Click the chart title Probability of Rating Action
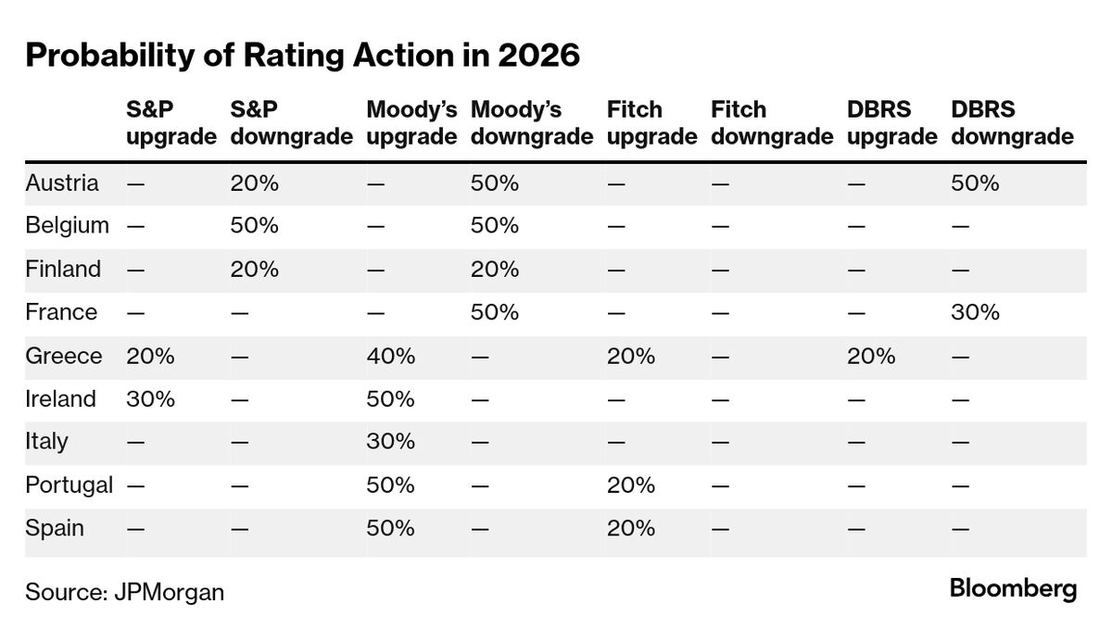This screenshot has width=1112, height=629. (x=302, y=56)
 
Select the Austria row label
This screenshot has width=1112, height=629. (x=62, y=182)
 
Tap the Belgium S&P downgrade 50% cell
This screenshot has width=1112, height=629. (x=254, y=226)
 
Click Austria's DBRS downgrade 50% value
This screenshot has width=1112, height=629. (x=975, y=182)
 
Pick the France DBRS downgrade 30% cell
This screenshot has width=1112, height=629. (x=975, y=312)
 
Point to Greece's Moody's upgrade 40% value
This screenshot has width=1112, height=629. (x=390, y=356)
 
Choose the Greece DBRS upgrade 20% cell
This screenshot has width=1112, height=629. (x=871, y=356)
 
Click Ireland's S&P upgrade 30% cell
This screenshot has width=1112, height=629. (x=150, y=398)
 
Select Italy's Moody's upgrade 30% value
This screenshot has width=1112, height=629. (x=390, y=442)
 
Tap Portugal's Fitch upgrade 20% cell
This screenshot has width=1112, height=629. (x=631, y=485)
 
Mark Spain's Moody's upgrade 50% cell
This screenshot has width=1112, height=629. (x=390, y=528)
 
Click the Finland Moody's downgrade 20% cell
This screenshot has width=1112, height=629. (x=495, y=269)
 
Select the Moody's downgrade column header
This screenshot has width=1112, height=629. (x=531, y=123)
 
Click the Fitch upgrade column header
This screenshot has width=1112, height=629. (x=651, y=123)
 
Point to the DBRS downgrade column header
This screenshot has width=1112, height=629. (x=1012, y=123)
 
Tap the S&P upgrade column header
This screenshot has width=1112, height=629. (x=171, y=123)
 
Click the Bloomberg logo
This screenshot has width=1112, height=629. (x=1013, y=588)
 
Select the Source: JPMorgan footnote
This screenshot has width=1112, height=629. (x=124, y=592)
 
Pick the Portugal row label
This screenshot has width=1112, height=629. (x=69, y=485)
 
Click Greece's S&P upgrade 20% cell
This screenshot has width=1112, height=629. (x=150, y=356)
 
